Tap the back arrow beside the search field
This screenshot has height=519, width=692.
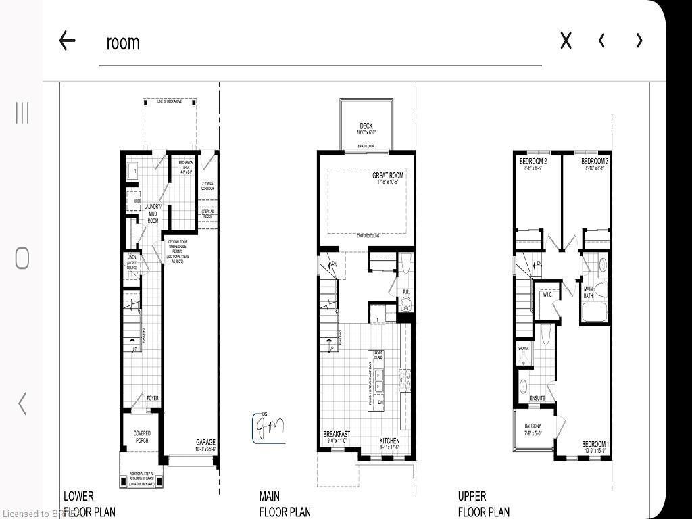(67, 41)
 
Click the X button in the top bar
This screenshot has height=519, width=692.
(566, 41)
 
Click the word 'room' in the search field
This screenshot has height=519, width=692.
(122, 42)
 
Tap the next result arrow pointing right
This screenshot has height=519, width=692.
(639, 41)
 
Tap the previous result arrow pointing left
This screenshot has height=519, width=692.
(601, 41)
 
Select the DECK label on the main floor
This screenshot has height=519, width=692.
(366, 126)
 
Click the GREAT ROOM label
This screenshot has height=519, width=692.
(387, 176)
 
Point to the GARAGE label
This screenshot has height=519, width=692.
(205, 442)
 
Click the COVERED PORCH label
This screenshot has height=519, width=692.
(142, 437)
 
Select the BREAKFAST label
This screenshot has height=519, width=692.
(337, 434)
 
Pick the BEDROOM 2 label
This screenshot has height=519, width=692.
(533, 162)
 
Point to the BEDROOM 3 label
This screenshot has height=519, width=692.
(595, 162)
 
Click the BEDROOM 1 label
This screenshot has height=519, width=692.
(595, 444)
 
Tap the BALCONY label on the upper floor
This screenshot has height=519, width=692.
(533, 426)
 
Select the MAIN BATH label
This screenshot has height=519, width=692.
(588, 292)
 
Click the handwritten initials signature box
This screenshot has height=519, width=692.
(268, 428)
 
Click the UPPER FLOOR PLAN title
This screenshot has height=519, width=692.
(483, 504)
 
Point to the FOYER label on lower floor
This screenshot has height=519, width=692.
(153, 399)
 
